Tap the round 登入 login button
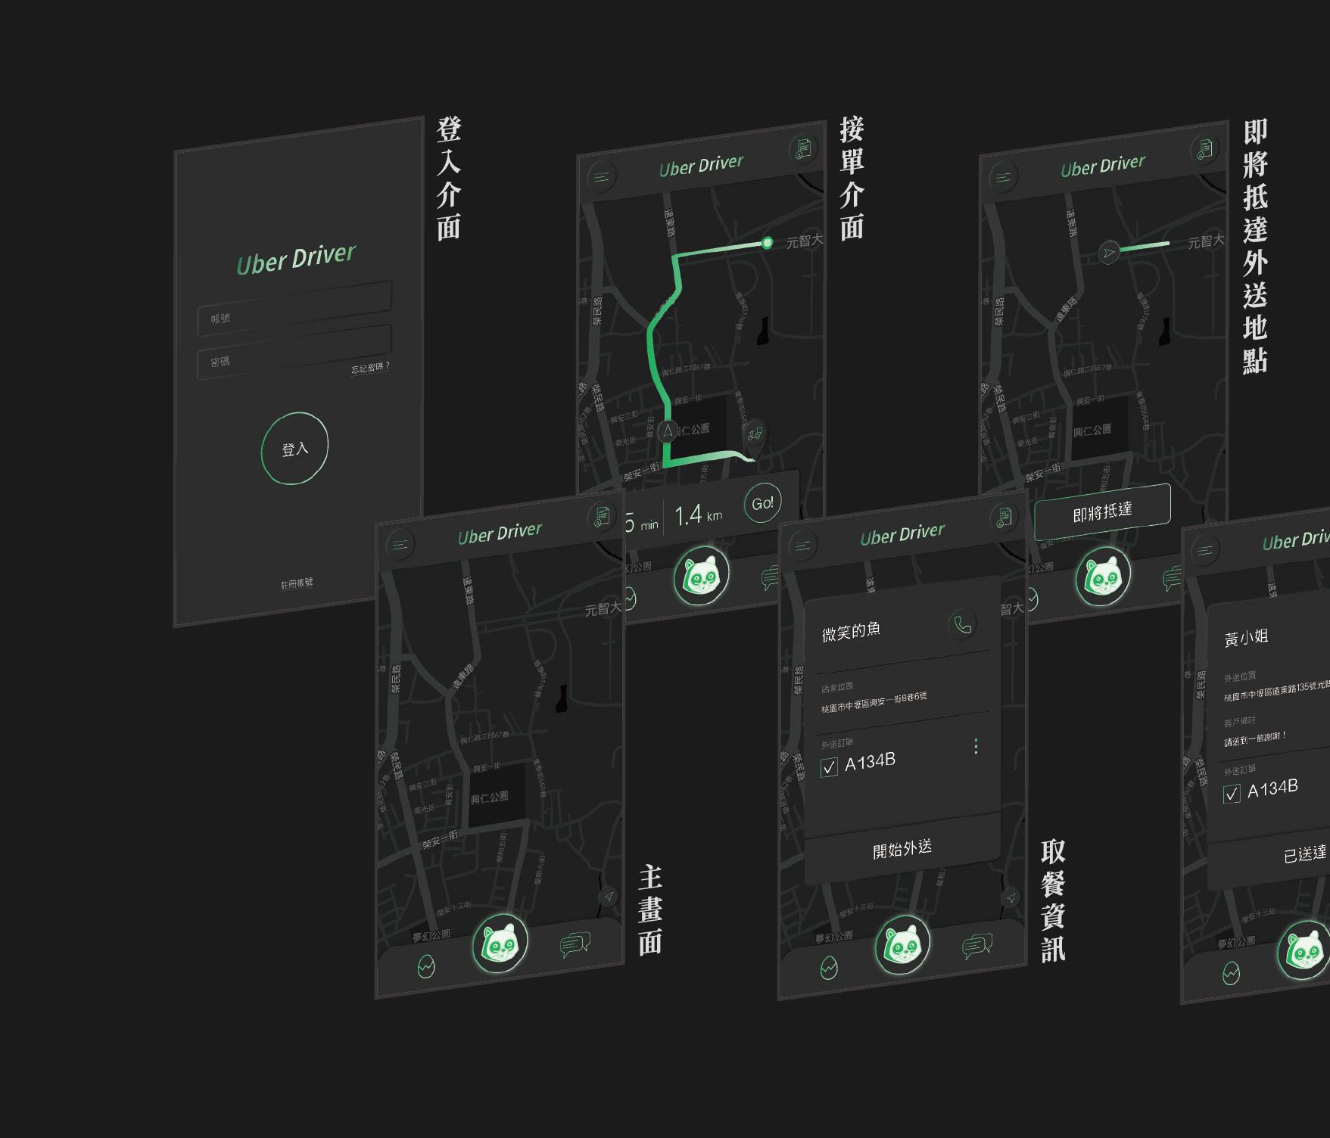[294, 449]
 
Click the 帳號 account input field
[294, 309]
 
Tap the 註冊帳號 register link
[297, 583]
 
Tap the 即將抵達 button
[1102, 511]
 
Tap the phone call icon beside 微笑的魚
[962, 624]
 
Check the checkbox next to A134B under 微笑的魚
[829, 767]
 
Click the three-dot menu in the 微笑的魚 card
[976, 747]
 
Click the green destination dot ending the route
[768, 243]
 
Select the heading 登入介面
[449, 179]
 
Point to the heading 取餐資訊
[1053, 900]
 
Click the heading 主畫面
[650, 910]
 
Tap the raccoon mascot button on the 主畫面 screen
[500, 943]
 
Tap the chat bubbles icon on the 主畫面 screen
[575, 945]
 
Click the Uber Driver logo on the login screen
[295, 259]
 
